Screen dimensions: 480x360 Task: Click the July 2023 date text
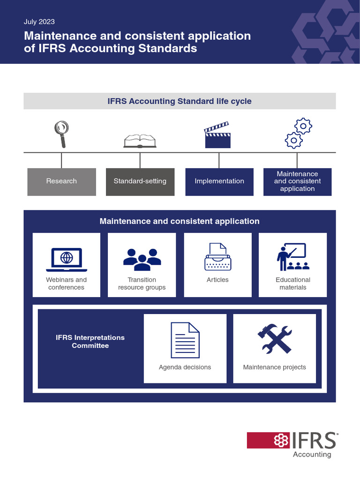(39, 22)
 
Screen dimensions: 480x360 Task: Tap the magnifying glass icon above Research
(61, 133)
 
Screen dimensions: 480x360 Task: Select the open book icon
(140, 141)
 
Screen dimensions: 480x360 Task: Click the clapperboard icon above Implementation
(217, 135)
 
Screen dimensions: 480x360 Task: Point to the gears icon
(299, 133)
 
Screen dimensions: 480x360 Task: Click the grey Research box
(61, 181)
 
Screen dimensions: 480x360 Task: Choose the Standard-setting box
(140, 181)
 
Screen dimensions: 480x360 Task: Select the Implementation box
(219, 181)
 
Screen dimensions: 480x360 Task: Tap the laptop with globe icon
(67, 259)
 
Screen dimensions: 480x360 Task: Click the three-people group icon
(142, 259)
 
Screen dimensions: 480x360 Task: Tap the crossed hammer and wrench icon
(274, 339)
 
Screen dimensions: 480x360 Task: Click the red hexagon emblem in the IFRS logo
(281, 440)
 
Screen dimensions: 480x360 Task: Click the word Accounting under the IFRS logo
(312, 454)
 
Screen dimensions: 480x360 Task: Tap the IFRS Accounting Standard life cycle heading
(180, 101)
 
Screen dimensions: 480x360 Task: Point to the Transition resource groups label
(142, 284)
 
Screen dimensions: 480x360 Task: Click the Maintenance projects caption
(274, 367)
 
